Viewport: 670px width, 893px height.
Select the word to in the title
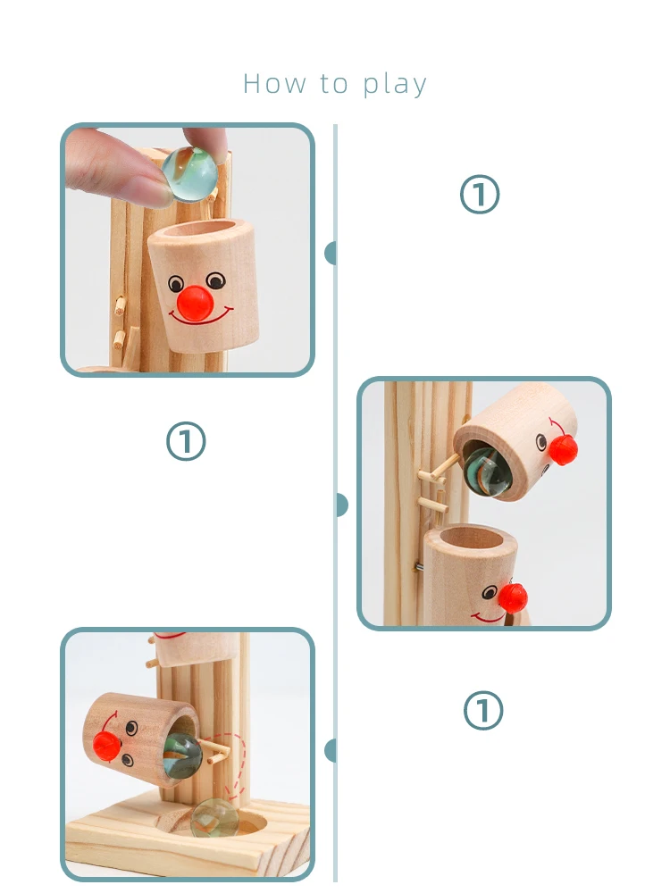(334, 84)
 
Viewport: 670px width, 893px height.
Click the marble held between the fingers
(189, 174)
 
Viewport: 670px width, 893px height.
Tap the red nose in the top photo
(195, 303)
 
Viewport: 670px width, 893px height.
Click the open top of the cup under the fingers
(202, 233)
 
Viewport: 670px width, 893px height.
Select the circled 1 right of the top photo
(480, 194)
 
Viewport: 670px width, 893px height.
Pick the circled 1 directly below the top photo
(186, 441)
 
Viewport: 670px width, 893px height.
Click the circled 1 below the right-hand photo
(483, 710)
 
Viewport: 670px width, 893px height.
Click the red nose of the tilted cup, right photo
(563, 449)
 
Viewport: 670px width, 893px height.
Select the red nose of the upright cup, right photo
(513, 597)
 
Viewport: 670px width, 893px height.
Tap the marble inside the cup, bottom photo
(183, 755)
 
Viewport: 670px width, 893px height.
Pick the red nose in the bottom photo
(107, 746)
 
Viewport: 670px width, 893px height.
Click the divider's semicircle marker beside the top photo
(330, 253)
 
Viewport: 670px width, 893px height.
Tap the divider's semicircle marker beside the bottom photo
(330, 751)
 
